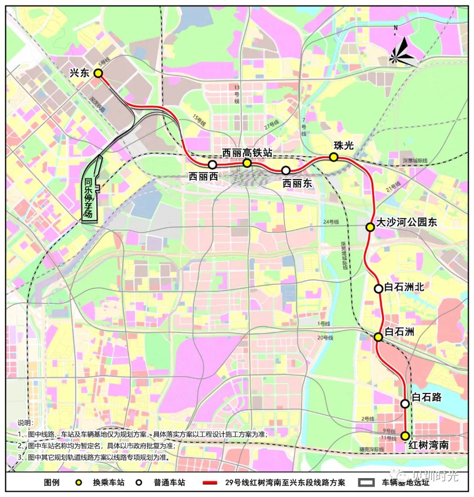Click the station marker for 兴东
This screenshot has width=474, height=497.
98,73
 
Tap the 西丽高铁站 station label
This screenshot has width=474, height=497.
247,152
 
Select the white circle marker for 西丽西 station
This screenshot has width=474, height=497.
212,165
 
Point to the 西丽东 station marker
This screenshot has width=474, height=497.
286,170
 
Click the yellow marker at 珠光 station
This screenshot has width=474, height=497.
334,157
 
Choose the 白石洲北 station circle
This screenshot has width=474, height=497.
378,289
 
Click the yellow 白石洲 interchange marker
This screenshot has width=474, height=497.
378,337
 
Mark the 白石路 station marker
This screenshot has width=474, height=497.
405,403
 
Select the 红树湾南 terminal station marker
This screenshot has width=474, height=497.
405,436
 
